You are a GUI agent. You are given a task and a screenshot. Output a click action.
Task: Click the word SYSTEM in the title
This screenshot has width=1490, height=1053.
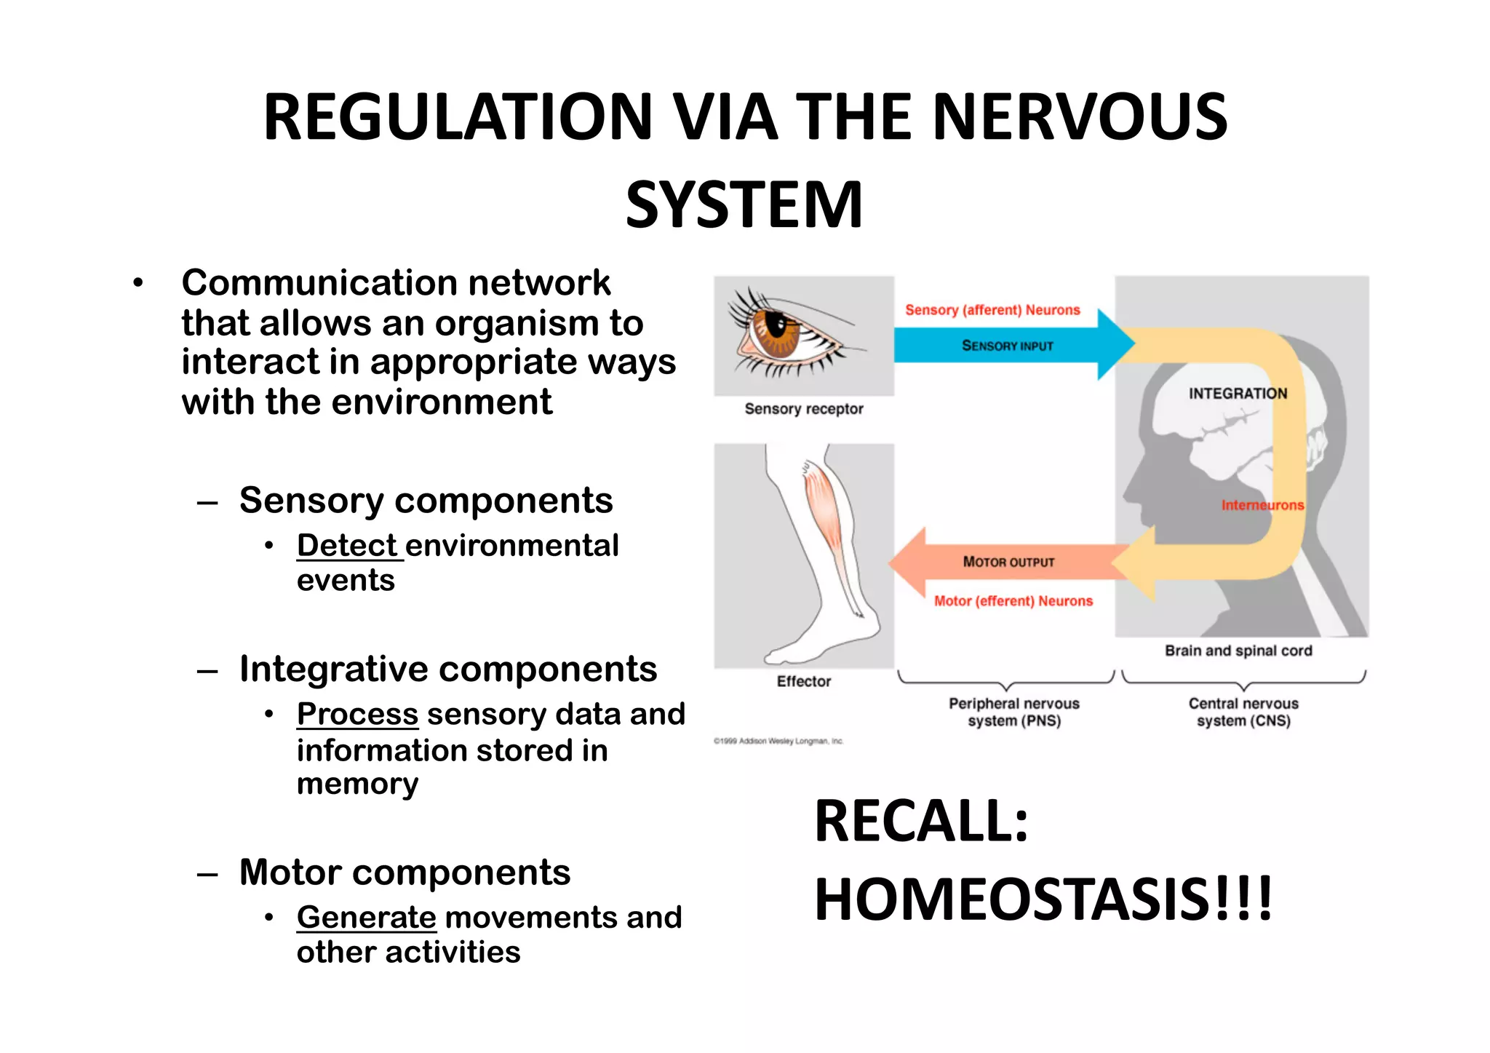744,204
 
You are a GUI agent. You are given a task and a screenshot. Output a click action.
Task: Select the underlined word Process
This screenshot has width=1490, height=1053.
357,714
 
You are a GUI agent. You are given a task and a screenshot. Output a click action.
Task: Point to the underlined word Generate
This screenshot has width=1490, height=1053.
366,917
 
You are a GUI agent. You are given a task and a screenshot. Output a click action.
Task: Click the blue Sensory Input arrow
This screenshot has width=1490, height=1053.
1008,346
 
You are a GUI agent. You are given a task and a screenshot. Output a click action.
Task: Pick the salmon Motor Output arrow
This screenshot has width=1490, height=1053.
1008,562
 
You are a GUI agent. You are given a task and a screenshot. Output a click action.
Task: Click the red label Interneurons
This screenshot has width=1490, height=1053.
1262,505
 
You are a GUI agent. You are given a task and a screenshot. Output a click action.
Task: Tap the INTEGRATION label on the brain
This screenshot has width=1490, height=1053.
1238,394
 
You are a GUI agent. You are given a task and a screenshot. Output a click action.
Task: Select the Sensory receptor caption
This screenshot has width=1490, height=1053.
804,409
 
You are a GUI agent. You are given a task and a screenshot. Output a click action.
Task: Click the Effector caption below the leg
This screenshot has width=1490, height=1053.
803,681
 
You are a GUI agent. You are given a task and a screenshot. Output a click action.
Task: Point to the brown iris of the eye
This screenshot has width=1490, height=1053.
772,331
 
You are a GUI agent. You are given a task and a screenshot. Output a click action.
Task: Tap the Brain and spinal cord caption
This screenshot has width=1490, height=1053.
1238,651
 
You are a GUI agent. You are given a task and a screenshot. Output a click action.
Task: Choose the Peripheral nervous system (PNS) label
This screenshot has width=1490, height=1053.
1013,712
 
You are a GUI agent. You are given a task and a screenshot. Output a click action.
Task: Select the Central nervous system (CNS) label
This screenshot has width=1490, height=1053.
1243,712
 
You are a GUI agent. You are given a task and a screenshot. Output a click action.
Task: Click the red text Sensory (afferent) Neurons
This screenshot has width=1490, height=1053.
992,310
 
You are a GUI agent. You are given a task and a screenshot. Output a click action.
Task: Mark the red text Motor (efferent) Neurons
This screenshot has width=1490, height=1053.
1013,601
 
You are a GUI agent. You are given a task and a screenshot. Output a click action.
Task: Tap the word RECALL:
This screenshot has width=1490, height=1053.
921,822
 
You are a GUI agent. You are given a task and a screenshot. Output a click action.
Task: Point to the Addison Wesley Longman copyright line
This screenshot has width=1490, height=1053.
778,742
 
